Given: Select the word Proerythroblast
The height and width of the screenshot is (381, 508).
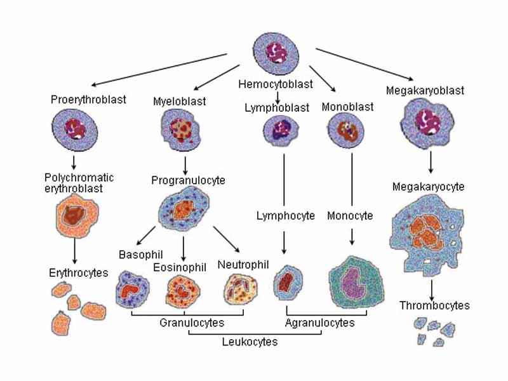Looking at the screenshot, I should pos(88,99).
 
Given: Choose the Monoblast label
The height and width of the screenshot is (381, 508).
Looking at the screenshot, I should pos(347,107).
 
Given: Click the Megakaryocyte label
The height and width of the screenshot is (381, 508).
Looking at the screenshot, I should pos(428,187).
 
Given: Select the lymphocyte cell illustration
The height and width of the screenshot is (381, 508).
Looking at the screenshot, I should pos(288,282).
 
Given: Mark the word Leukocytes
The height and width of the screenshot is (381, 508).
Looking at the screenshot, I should pos(250,342).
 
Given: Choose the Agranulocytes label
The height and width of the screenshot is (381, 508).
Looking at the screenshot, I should pos(319,323).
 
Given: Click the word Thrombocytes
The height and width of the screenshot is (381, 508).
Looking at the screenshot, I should pos(434,305).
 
